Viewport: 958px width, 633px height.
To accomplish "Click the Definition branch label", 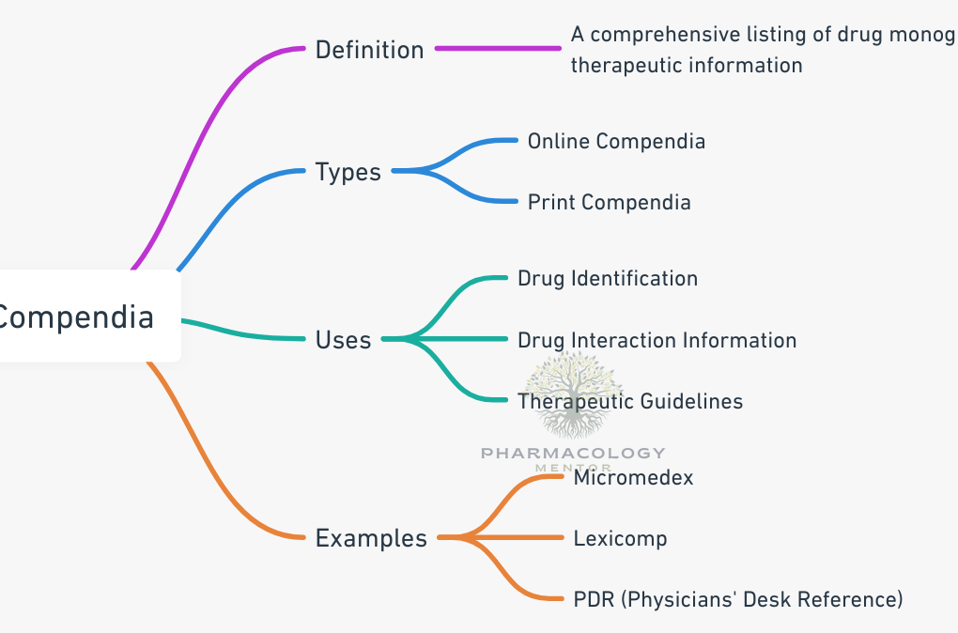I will coord(369,50).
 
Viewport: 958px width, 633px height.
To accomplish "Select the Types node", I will coord(348,172).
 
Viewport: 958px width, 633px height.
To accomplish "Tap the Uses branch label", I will coord(343,340).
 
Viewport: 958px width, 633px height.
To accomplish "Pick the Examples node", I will coord(371,538).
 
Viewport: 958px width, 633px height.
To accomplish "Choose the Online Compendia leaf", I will coord(616,142).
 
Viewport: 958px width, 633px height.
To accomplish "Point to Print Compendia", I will coord(609,202).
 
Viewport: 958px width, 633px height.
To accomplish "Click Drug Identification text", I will coord(608,279).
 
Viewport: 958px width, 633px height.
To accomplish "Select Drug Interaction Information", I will coord(657,340).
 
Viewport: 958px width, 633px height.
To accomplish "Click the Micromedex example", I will coord(633,477).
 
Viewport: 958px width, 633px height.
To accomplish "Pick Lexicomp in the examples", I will coord(620,538).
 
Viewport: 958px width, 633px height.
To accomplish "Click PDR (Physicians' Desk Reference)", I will coord(737,599).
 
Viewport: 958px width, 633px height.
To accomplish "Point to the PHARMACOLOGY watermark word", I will coord(573,454).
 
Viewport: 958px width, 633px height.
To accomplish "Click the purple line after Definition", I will coord(498,48).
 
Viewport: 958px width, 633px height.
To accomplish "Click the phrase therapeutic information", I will coord(687,65).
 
